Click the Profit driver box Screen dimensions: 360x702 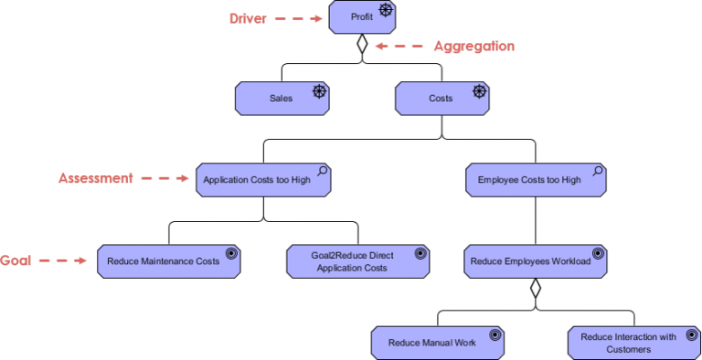(363, 17)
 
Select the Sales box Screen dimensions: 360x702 (282, 98)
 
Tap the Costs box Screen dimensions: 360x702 (441, 98)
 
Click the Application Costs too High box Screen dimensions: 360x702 (263, 180)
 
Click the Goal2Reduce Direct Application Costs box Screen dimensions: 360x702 (357, 261)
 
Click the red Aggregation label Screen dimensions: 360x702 (473, 46)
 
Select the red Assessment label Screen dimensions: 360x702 (96, 178)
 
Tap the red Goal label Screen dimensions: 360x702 (16, 260)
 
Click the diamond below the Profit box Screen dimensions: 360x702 (363, 44)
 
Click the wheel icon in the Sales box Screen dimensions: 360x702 (319, 90)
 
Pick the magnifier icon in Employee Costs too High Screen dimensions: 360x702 (597, 171)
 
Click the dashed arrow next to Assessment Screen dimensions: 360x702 (165, 179)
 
